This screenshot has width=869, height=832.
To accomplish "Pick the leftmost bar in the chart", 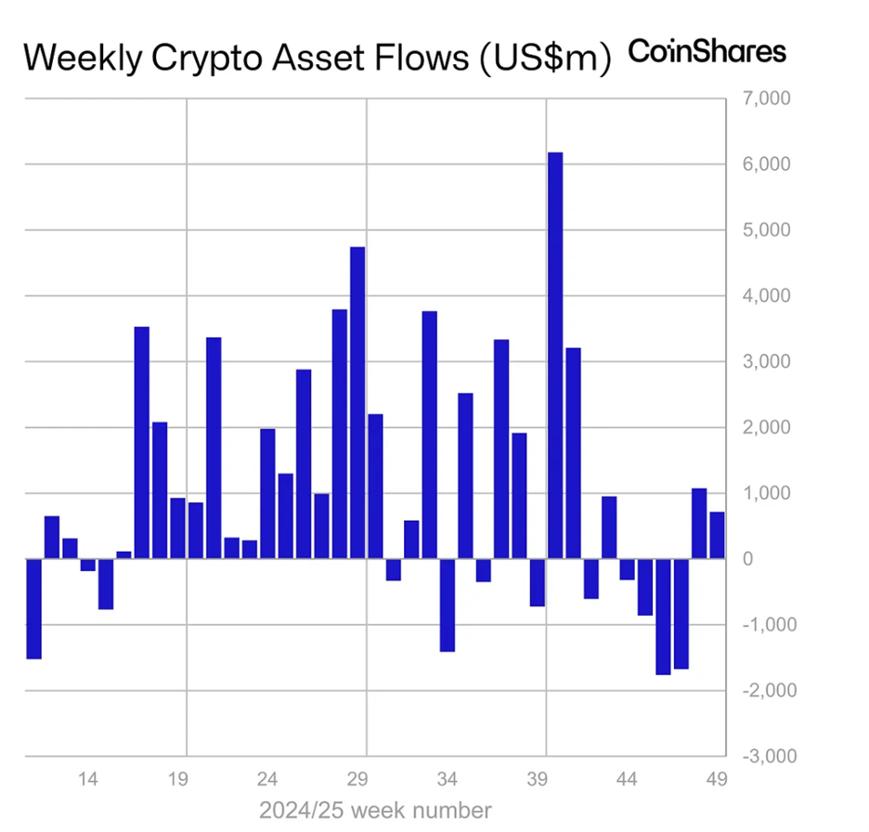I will [33, 608].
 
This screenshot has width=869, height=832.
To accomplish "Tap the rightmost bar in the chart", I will [717, 536].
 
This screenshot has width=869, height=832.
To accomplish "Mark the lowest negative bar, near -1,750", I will [663, 617].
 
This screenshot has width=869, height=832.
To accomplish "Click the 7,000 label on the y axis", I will [763, 98].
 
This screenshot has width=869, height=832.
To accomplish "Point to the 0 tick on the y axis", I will [746, 559].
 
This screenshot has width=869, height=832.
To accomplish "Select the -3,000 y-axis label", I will [761, 756].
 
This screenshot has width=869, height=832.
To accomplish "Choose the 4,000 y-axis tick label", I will [763, 296].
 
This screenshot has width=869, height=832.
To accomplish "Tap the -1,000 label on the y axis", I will [761, 625].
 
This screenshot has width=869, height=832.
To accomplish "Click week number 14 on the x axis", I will [88, 778].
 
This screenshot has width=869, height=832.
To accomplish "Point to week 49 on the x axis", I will [718, 778].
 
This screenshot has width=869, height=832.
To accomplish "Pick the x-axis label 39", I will [538, 778].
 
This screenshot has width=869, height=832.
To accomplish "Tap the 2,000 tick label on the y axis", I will [763, 428].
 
